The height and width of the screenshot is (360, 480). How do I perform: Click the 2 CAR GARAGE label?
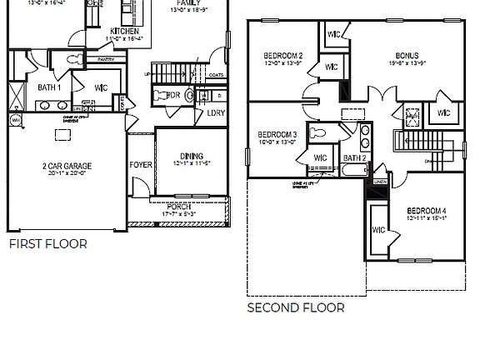point(67,166)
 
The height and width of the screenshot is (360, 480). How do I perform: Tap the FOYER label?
point(140,164)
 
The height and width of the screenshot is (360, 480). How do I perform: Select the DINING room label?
point(192,155)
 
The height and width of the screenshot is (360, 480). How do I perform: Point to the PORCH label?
point(178,207)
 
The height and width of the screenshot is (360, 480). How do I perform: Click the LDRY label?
point(216,112)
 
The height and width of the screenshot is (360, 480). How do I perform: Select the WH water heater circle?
point(15,120)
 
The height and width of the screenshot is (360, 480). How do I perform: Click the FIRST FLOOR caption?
point(47,244)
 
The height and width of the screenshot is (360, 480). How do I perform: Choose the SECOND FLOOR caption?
point(295,307)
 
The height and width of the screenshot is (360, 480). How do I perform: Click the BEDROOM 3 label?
point(277,134)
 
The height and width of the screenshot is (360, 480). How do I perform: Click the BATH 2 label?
point(355,157)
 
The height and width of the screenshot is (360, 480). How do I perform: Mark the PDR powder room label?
point(174,95)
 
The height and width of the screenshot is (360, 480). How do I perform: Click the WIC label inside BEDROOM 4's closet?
point(378,230)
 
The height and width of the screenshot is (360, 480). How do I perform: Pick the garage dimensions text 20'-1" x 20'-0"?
point(67,174)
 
